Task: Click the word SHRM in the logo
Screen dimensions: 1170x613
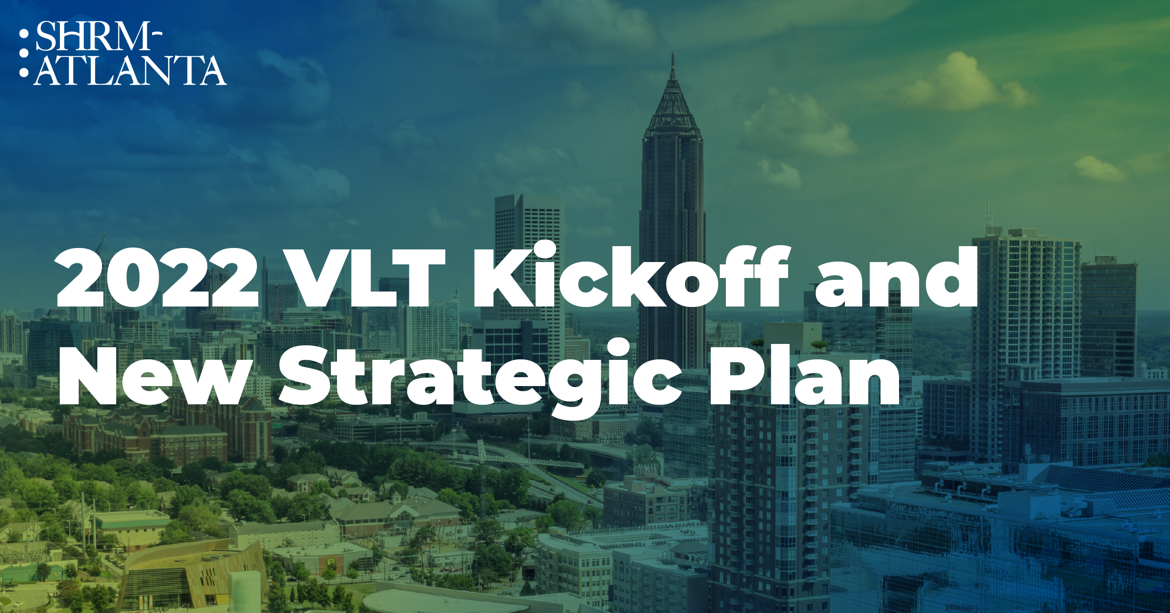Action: (x=93, y=36)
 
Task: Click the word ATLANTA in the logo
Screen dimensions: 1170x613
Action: (x=130, y=70)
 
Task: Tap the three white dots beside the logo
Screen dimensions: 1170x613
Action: (x=24, y=53)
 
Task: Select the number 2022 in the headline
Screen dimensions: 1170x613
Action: (x=157, y=278)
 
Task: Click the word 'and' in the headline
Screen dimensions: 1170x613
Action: (x=896, y=277)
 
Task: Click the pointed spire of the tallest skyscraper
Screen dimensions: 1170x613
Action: (x=673, y=66)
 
